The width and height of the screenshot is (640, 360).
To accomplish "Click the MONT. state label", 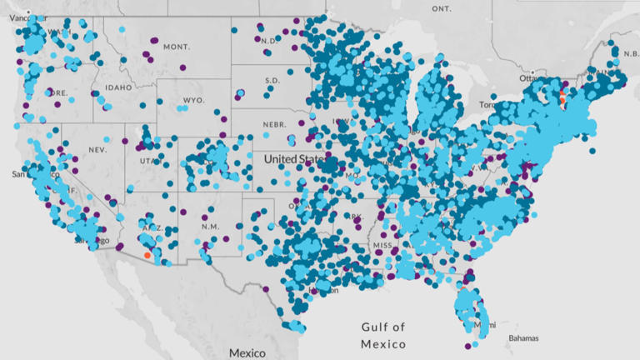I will (176, 47).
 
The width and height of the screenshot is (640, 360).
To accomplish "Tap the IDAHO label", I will (118, 87).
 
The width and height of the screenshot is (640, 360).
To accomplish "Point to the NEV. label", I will (97, 150).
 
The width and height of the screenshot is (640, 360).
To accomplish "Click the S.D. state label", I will (272, 81).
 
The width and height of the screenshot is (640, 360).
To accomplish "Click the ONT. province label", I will (441, 8).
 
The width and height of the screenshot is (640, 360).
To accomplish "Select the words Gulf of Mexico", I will (383, 335).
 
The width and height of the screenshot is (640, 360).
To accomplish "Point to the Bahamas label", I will (523, 337).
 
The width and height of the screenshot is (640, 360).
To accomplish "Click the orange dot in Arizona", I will (147, 256).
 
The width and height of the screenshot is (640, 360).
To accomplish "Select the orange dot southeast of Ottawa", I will (562, 97).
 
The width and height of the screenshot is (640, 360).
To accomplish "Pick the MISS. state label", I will (383, 247).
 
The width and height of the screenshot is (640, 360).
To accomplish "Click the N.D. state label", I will (268, 41).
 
